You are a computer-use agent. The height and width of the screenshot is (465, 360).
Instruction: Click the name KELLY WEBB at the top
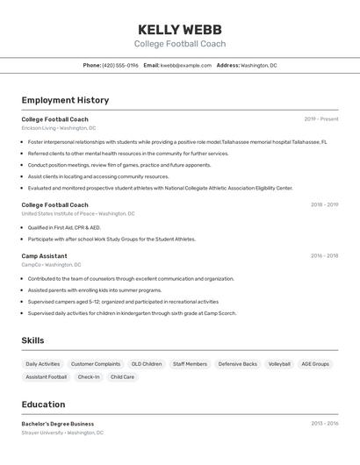[x=180, y=29]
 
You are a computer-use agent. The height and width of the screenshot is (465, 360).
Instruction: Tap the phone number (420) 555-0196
[x=120, y=66]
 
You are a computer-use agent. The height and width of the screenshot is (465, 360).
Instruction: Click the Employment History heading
[x=65, y=101]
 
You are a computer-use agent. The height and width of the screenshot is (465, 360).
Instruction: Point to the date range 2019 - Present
[x=321, y=119]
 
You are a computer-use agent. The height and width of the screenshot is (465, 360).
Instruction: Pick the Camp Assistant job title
[x=44, y=256]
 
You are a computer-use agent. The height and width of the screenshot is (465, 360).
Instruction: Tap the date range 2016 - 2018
[x=324, y=256]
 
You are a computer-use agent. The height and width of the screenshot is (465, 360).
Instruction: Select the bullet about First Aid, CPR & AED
[x=64, y=227]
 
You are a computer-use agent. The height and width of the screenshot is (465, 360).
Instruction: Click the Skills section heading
[x=32, y=340]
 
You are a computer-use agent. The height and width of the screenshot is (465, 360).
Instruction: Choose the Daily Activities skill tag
[x=43, y=364]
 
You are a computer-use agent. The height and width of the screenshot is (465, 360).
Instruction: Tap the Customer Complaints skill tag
[x=96, y=364]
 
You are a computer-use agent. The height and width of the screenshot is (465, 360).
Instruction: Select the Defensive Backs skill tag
[x=238, y=364]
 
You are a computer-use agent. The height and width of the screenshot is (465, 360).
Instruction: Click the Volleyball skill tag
[x=279, y=364]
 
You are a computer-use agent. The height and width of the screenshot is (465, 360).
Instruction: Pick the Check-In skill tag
[x=89, y=377]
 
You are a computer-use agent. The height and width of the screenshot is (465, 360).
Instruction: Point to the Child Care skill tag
[x=122, y=377]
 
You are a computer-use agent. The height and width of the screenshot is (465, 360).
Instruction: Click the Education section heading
[x=43, y=404]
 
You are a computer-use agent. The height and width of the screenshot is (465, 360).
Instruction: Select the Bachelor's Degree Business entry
[x=58, y=424]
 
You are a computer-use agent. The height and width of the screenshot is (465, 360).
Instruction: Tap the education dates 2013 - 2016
[x=324, y=424]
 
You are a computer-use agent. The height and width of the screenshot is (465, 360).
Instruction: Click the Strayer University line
[x=62, y=433]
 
